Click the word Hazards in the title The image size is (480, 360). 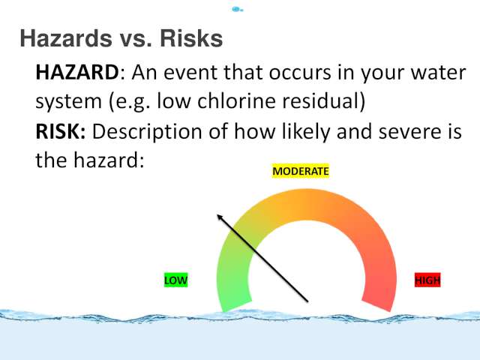click(x=66, y=38)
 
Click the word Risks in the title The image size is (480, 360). click(x=191, y=38)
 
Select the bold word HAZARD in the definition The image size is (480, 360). click(x=77, y=73)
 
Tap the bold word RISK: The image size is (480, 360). click(x=61, y=132)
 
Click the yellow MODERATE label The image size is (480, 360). click(x=301, y=171)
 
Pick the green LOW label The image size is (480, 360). click(x=175, y=280)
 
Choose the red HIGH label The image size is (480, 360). click(x=427, y=280)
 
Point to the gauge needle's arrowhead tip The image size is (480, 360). click(x=217, y=215)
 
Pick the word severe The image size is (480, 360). click(x=407, y=133)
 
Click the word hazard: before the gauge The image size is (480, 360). click(x=109, y=160)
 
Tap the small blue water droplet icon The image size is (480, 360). click(x=237, y=10)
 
